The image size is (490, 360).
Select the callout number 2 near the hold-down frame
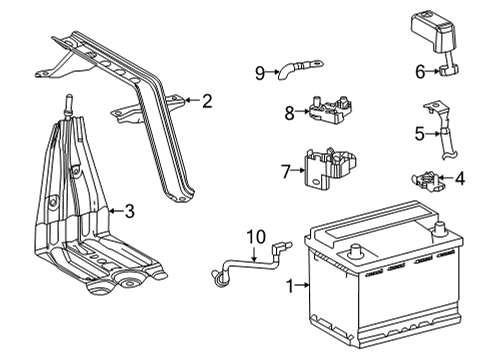(x=207, y=100)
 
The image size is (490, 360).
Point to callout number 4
(x=460, y=180)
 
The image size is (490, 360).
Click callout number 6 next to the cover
(x=422, y=70)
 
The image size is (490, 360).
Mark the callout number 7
(x=284, y=172)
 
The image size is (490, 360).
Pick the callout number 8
(x=289, y=113)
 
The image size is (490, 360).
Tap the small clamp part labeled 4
(x=428, y=180)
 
